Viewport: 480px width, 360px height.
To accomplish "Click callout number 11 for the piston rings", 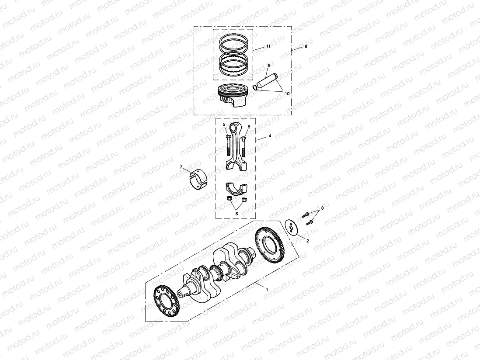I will click(268, 46).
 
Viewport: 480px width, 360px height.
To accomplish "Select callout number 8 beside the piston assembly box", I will click(306, 46).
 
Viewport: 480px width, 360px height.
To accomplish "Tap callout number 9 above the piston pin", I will click(269, 65).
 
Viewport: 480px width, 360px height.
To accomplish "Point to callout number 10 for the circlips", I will click(287, 93).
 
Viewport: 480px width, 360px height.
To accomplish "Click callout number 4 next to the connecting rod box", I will click(270, 136).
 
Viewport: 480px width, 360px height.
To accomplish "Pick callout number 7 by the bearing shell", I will click(181, 167).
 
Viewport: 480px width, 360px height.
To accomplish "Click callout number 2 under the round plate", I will click(307, 241).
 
